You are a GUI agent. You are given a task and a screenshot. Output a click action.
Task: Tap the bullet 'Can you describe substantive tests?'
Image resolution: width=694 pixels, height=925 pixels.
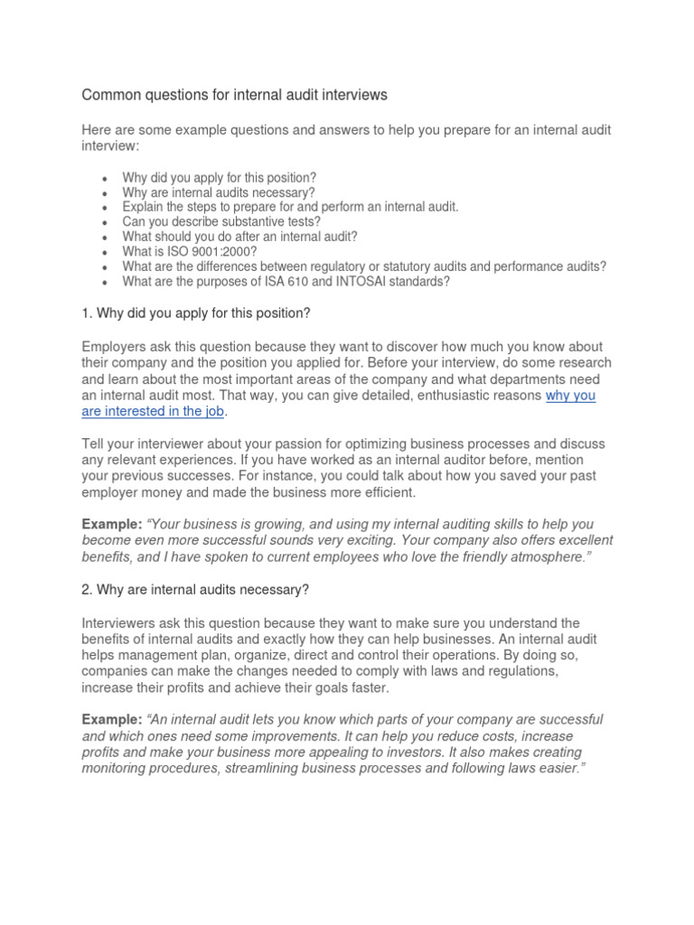[x=221, y=221]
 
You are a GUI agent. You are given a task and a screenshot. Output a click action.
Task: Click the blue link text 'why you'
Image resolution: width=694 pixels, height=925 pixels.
[x=570, y=396]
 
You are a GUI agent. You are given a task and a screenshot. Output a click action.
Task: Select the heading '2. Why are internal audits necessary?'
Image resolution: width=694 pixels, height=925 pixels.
[x=195, y=590]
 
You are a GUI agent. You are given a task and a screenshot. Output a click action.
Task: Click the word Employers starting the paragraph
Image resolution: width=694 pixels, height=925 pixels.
[x=115, y=348]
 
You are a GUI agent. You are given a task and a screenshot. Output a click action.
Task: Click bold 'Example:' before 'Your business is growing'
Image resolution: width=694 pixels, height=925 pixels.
[x=111, y=525]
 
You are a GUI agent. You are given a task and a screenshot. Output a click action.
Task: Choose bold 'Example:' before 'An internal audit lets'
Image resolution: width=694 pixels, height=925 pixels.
[x=111, y=720]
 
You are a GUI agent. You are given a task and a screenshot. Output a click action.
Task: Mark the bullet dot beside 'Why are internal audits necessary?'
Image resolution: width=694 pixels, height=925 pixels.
[x=107, y=192]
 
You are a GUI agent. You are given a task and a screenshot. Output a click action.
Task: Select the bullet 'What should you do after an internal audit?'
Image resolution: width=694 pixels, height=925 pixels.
[x=240, y=237]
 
